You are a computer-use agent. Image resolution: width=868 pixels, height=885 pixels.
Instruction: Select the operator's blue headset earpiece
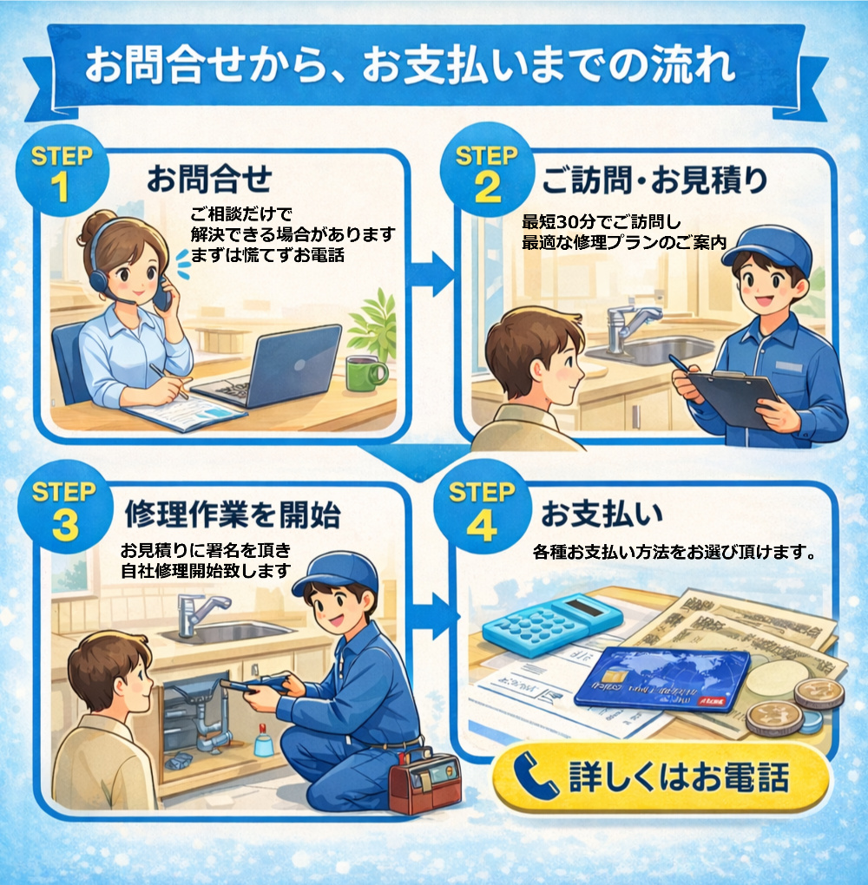(x=98, y=279)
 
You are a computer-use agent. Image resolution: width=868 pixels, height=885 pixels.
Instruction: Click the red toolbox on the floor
(x=424, y=782)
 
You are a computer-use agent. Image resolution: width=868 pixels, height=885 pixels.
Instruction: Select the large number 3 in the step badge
(x=65, y=525)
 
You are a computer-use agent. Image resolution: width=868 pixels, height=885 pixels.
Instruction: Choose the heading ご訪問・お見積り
(x=654, y=180)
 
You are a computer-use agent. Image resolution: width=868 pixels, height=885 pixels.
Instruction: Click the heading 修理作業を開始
(x=232, y=514)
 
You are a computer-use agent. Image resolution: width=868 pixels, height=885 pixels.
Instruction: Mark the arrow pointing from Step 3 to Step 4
(x=435, y=616)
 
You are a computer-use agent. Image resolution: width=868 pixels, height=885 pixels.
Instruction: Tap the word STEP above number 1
(x=62, y=156)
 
